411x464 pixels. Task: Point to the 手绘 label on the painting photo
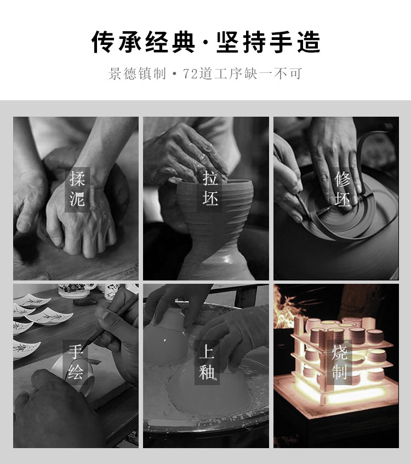(x=75, y=362)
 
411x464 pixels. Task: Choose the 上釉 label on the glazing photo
(x=207, y=362)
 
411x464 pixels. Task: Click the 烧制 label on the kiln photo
(x=339, y=362)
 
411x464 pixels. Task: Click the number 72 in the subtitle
(x=190, y=74)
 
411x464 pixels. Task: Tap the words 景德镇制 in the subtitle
(x=137, y=74)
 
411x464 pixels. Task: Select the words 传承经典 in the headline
(x=144, y=42)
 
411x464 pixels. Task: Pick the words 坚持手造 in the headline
(x=269, y=42)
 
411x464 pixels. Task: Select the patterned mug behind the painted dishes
(x=76, y=290)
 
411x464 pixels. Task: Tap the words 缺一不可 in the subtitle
(x=273, y=74)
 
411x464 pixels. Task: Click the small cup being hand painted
(x=74, y=374)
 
